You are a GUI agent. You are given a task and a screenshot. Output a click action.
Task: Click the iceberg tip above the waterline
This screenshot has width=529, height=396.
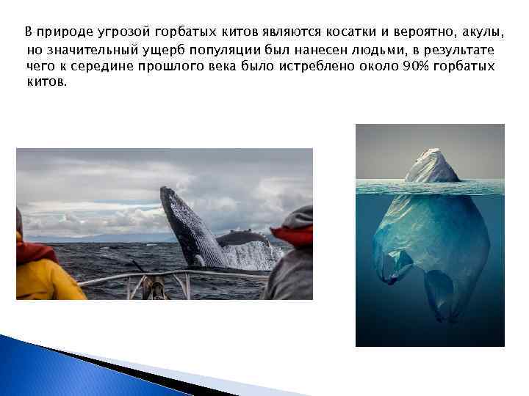coord(432,167)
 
